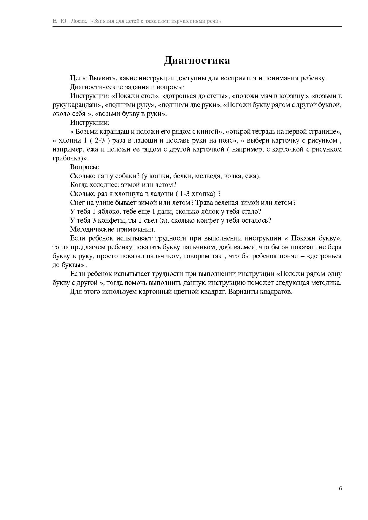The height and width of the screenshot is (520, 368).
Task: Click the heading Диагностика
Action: click(x=197, y=60)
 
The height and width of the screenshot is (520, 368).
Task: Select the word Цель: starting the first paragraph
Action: click(x=79, y=78)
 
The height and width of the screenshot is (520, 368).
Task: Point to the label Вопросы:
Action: click(x=85, y=167)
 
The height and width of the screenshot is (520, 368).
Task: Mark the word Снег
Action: click(x=77, y=203)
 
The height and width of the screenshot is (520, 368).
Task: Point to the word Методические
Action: click(x=91, y=229)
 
